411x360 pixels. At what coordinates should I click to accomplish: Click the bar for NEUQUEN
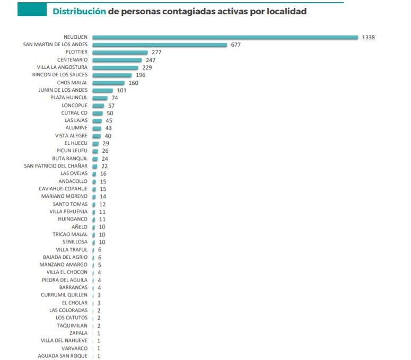point(225,37)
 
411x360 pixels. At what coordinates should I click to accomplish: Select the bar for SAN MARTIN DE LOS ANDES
point(160,45)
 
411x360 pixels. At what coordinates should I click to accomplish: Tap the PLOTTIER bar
point(120,52)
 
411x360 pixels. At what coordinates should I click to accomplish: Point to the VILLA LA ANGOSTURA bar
point(115,67)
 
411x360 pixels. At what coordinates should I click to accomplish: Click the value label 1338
point(368,37)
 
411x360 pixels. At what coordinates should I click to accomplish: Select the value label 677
point(235,45)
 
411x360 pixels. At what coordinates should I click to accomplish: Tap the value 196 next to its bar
point(140,75)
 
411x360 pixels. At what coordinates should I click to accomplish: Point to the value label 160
point(133,83)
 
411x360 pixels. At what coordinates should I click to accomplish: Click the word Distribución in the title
point(78,11)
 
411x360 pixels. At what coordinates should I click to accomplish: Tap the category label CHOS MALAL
point(72,83)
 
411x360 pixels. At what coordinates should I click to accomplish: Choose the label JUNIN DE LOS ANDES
point(63,90)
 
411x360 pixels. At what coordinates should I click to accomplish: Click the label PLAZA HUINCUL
point(69,98)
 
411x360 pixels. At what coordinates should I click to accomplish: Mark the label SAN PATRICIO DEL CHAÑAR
point(56,166)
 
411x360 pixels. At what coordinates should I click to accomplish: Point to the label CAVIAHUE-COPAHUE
point(63,189)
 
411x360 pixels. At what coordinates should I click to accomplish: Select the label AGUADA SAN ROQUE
point(63,356)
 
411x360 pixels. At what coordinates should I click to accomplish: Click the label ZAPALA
point(78,333)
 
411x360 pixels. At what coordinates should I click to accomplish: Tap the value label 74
point(115,98)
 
